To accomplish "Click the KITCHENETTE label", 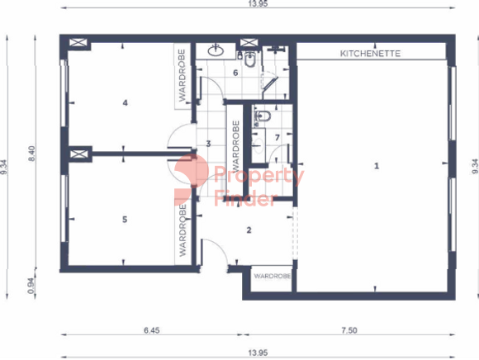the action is click(x=370, y=54).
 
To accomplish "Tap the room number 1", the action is click(x=377, y=166).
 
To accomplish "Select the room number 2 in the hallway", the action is click(x=249, y=230).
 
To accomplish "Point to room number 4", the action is click(x=125, y=103).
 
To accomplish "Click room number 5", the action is click(x=125, y=220).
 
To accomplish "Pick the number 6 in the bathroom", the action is click(x=235, y=73).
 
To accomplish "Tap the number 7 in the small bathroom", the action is click(x=277, y=138).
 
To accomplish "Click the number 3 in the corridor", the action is click(x=208, y=144).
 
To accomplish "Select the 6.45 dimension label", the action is click(x=152, y=330).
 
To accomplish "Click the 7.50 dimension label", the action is click(x=349, y=330).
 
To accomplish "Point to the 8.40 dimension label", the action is click(x=31, y=154).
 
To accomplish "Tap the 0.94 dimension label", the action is click(x=31, y=286).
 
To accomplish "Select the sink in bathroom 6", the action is click(x=216, y=50).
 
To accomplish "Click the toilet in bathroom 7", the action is click(x=263, y=116).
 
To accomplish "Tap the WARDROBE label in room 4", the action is click(x=182, y=75).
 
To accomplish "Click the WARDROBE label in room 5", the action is click(x=183, y=230).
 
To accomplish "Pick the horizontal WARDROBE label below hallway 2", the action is click(x=272, y=276).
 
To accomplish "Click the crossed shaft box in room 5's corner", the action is click(x=78, y=154).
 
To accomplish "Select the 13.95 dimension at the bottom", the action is click(x=258, y=353).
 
